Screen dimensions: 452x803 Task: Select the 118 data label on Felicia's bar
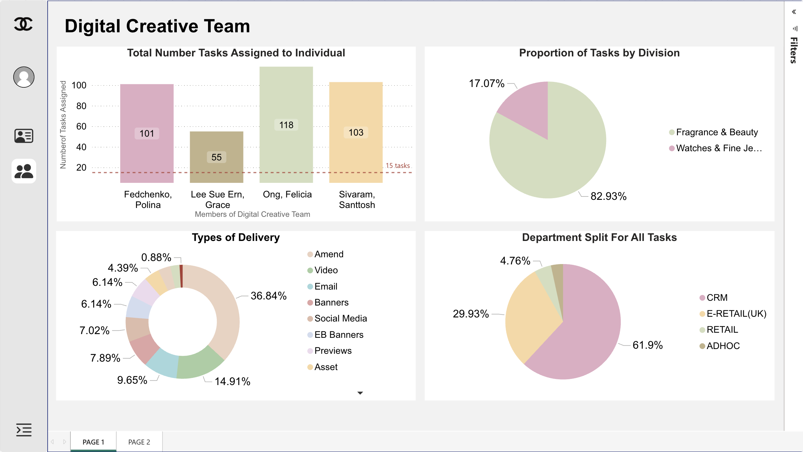pos(286,125)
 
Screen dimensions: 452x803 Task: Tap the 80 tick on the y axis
pos(81,106)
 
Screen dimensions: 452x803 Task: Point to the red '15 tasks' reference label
pos(397,166)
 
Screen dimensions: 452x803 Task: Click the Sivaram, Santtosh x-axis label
pos(357,199)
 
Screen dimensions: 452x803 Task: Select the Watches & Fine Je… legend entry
pos(718,148)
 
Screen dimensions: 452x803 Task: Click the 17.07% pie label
pos(486,84)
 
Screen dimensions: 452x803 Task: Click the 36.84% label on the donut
pos(268,296)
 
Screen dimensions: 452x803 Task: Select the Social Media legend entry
pos(340,318)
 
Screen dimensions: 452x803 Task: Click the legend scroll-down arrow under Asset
pos(360,393)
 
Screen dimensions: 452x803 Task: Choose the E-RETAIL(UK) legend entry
pos(736,314)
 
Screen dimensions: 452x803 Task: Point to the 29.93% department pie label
pos(471,314)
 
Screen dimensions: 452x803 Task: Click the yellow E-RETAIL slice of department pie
pos(530,319)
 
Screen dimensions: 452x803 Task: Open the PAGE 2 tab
pos(139,442)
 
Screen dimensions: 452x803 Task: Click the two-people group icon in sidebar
pos(24,171)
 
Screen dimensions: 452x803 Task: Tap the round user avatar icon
pos(24,77)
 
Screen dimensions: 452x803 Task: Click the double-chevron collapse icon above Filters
pos(794,12)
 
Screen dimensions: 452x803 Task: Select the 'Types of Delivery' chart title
pos(236,237)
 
